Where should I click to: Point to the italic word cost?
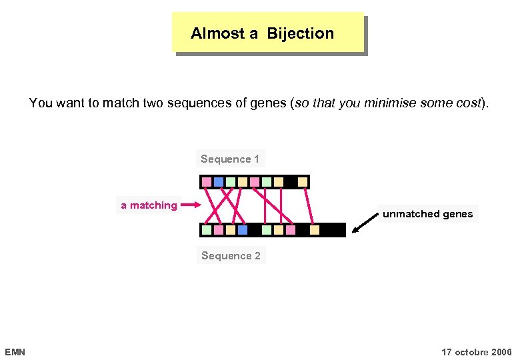click(467, 103)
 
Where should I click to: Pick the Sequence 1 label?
click(230, 159)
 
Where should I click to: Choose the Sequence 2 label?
click(231, 255)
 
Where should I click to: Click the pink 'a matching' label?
click(149, 205)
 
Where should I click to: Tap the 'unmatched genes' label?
click(427, 214)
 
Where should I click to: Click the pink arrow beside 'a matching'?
click(191, 205)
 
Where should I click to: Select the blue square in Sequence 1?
click(219, 181)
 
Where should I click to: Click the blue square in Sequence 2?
click(243, 230)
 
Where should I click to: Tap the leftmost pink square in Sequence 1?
click(207, 181)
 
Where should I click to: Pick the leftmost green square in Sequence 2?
click(207, 230)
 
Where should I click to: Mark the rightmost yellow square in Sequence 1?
click(303, 181)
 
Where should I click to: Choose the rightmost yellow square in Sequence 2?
click(315, 230)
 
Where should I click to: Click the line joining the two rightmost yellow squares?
click(309, 205)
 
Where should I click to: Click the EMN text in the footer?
click(15, 351)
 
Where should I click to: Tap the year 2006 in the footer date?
click(501, 351)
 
